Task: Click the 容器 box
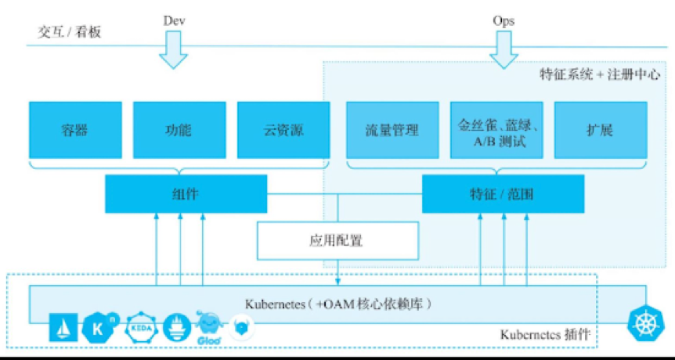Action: (x=75, y=129)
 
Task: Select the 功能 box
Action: (x=179, y=129)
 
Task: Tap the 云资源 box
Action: (x=282, y=129)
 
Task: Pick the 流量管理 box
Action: (x=392, y=129)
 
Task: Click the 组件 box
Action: (x=186, y=194)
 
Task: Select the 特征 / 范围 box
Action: (x=503, y=194)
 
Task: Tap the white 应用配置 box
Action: (x=337, y=240)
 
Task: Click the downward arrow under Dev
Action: (x=174, y=53)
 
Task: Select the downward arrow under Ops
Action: (x=504, y=53)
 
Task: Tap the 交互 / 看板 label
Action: (x=70, y=32)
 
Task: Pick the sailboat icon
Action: (x=63, y=329)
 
